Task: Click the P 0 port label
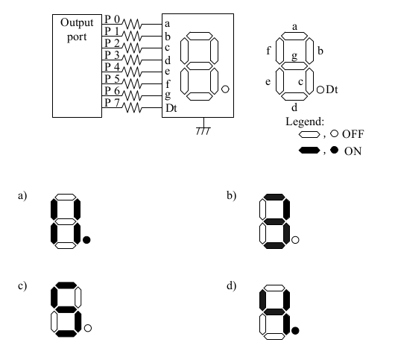point(112,19)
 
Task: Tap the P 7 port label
point(112,103)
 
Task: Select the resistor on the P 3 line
point(132,60)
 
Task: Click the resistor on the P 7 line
point(132,108)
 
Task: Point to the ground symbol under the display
point(203,127)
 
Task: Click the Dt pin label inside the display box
point(171,108)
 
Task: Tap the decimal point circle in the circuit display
point(225,89)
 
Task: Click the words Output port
point(77,30)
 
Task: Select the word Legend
point(305,122)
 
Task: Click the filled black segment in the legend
point(309,151)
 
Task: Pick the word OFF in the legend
point(353,134)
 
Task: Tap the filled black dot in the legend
point(335,150)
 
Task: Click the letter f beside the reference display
point(268,51)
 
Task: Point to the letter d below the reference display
point(294,107)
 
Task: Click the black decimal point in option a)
point(86,240)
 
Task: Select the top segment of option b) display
point(274,197)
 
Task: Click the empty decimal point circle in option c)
point(88,328)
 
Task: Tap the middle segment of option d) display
point(274,312)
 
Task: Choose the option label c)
point(22,286)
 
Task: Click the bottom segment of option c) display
point(66,334)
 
